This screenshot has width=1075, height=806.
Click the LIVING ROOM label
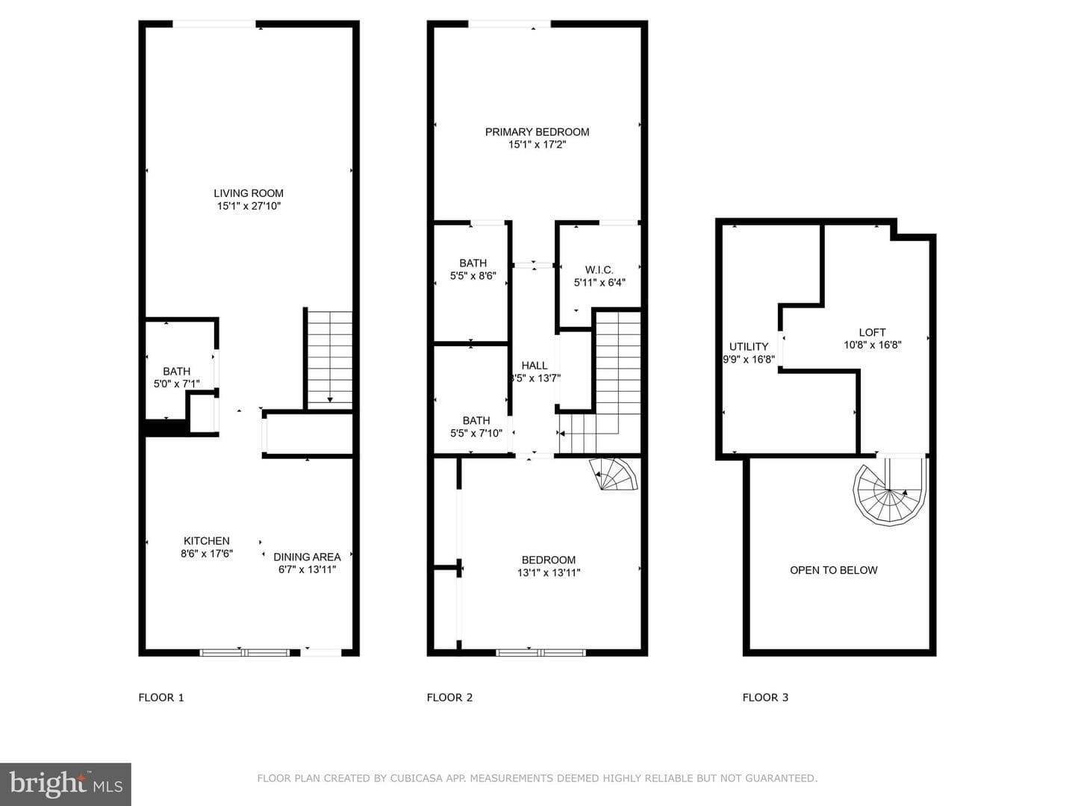click(x=249, y=193)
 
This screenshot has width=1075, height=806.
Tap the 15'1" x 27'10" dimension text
click(x=249, y=206)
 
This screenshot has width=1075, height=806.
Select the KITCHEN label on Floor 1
click(x=206, y=541)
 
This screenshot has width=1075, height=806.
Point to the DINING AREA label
click(x=307, y=557)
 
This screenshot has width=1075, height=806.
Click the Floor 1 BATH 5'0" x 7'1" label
click(x=177, y=378)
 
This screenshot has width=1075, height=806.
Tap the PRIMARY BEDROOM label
click(x=537, y=132)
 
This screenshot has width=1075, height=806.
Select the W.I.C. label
click(x=599, y=270)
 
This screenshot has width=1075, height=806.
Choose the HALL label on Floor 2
click(x=535, y=366)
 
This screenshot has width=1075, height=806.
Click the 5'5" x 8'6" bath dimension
click(x=473, y=276)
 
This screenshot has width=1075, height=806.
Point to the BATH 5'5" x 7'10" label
click(x=476, y=427)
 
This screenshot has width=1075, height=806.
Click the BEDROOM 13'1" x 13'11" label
click(x=549, y=566)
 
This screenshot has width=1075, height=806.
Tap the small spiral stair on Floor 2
click(x=614, y=474)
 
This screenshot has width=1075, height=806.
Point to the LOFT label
click(x=872, y=332)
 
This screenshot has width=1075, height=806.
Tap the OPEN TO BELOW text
click(x=834, y=570)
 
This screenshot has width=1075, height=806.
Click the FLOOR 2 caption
click(x=449, y=697)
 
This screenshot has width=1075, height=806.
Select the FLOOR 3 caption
click(x=765, y=697)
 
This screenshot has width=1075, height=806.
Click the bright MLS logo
click(x=66, y=784)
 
